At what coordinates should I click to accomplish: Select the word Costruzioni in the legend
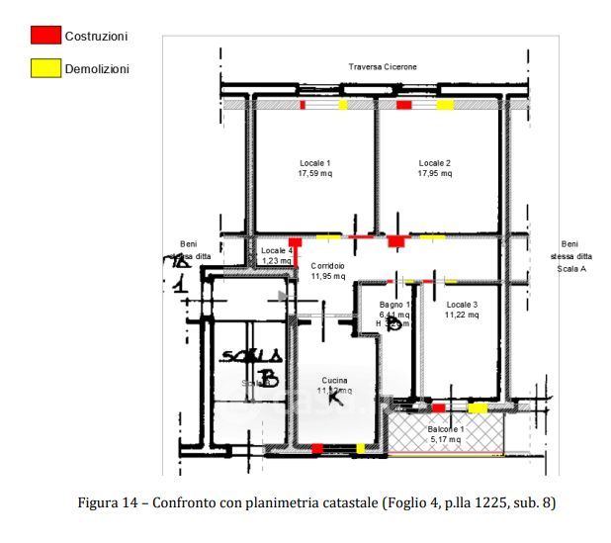click(96, 37)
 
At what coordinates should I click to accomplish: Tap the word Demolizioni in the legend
click(97, 69)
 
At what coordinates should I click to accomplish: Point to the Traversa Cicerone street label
click(383, 66)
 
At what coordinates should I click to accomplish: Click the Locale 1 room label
click(315, 163)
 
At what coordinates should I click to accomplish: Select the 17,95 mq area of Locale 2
click(435, 174)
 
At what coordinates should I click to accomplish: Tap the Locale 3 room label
click(462, 305)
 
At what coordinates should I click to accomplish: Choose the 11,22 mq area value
click(462, 316)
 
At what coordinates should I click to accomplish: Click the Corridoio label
click(328, 266)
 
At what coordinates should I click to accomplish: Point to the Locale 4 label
click(277, 251)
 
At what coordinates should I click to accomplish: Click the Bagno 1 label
click(394, 305)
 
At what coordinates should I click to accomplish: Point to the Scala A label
click(570, 268)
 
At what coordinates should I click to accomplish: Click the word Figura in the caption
click(100, 503)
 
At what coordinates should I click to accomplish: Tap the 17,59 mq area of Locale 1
click(315, 174)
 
